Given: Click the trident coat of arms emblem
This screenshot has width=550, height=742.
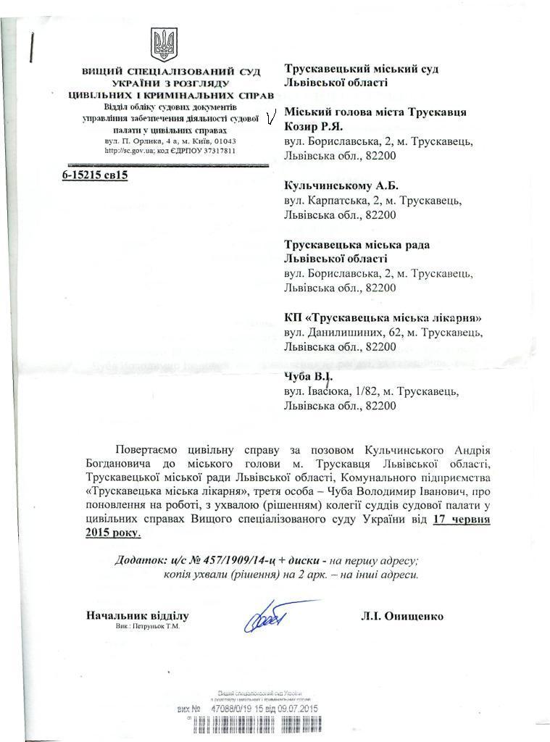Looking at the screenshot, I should (164, 44).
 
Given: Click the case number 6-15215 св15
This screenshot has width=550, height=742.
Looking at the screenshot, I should (95, 175).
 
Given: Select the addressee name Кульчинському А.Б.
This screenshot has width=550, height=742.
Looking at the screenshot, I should (341, 185).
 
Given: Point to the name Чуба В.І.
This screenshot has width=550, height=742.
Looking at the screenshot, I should (308, 377).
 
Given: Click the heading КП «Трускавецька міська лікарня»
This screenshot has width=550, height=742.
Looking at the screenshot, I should (383, 317).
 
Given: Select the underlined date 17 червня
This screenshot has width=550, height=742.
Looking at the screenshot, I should (462, 520).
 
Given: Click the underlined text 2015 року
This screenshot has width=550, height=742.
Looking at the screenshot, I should (112, 533).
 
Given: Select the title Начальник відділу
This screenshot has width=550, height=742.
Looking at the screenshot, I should (137, 616).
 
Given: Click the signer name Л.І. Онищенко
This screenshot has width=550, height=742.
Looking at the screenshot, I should (402, 617).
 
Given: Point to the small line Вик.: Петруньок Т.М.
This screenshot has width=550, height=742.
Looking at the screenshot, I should (147, 626).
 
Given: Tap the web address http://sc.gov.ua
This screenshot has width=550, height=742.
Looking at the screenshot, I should (130, 151).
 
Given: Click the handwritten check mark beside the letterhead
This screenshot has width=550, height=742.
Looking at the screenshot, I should (271, 116).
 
